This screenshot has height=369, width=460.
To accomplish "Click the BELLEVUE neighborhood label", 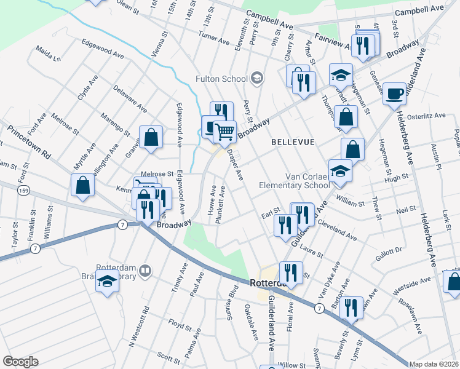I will point(293,142).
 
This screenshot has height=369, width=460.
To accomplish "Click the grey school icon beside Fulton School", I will point(256,78).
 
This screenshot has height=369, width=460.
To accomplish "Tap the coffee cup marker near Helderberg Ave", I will point(394,93).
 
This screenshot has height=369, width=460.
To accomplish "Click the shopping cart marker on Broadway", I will point(225,130).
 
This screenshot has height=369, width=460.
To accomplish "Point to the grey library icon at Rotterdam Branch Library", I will point(145,269).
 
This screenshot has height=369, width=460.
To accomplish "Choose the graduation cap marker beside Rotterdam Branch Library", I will point(108,282).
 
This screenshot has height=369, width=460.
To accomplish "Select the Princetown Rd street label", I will point(29,142).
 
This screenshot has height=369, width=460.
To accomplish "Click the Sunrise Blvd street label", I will point(233,299).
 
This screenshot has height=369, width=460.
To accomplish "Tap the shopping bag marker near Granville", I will point(151,138).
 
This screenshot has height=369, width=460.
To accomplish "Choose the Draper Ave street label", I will point(236,165).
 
